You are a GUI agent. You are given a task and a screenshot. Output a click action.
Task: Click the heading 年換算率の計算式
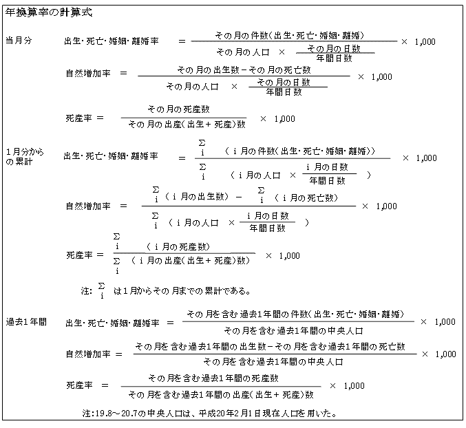coord(49,13)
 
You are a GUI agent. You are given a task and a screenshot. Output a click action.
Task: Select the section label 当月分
coord(19,41)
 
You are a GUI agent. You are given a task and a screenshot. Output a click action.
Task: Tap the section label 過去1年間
coord(26,322)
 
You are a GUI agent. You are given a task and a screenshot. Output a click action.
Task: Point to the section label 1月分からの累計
coord(25,157)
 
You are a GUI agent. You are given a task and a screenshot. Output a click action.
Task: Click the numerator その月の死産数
coord(178,109)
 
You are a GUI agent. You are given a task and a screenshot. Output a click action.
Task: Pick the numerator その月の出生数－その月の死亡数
coord(244,70)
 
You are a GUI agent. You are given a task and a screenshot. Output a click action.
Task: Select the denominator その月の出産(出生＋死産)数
coord(187,124)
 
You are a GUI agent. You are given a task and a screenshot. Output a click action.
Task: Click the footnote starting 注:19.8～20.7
coord(209,413)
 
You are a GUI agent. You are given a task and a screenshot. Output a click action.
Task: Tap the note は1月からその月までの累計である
coord(182,291)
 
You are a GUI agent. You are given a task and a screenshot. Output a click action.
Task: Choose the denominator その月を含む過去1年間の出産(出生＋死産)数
coord(221,395)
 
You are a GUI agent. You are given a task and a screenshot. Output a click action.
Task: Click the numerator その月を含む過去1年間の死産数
coord(213,378)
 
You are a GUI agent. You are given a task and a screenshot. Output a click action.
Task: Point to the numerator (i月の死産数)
coord(178,247)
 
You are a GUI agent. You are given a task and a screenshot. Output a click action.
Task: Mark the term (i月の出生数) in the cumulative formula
coord(196,197)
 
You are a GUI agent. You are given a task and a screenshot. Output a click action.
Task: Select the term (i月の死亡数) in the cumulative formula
coord(306,197)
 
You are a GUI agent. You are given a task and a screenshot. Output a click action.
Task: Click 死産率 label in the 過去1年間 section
coord(79,385)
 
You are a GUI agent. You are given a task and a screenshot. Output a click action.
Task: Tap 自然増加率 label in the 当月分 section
coord(88,74)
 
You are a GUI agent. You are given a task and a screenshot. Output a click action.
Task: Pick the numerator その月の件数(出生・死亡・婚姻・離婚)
coord(290,36)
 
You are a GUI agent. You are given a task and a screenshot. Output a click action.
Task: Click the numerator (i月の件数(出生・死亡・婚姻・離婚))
coord(300,151)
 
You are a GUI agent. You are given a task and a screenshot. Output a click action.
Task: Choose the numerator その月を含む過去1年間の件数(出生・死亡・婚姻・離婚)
coord(295,314)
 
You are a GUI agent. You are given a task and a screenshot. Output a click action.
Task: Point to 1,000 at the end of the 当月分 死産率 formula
coord(285,119)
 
